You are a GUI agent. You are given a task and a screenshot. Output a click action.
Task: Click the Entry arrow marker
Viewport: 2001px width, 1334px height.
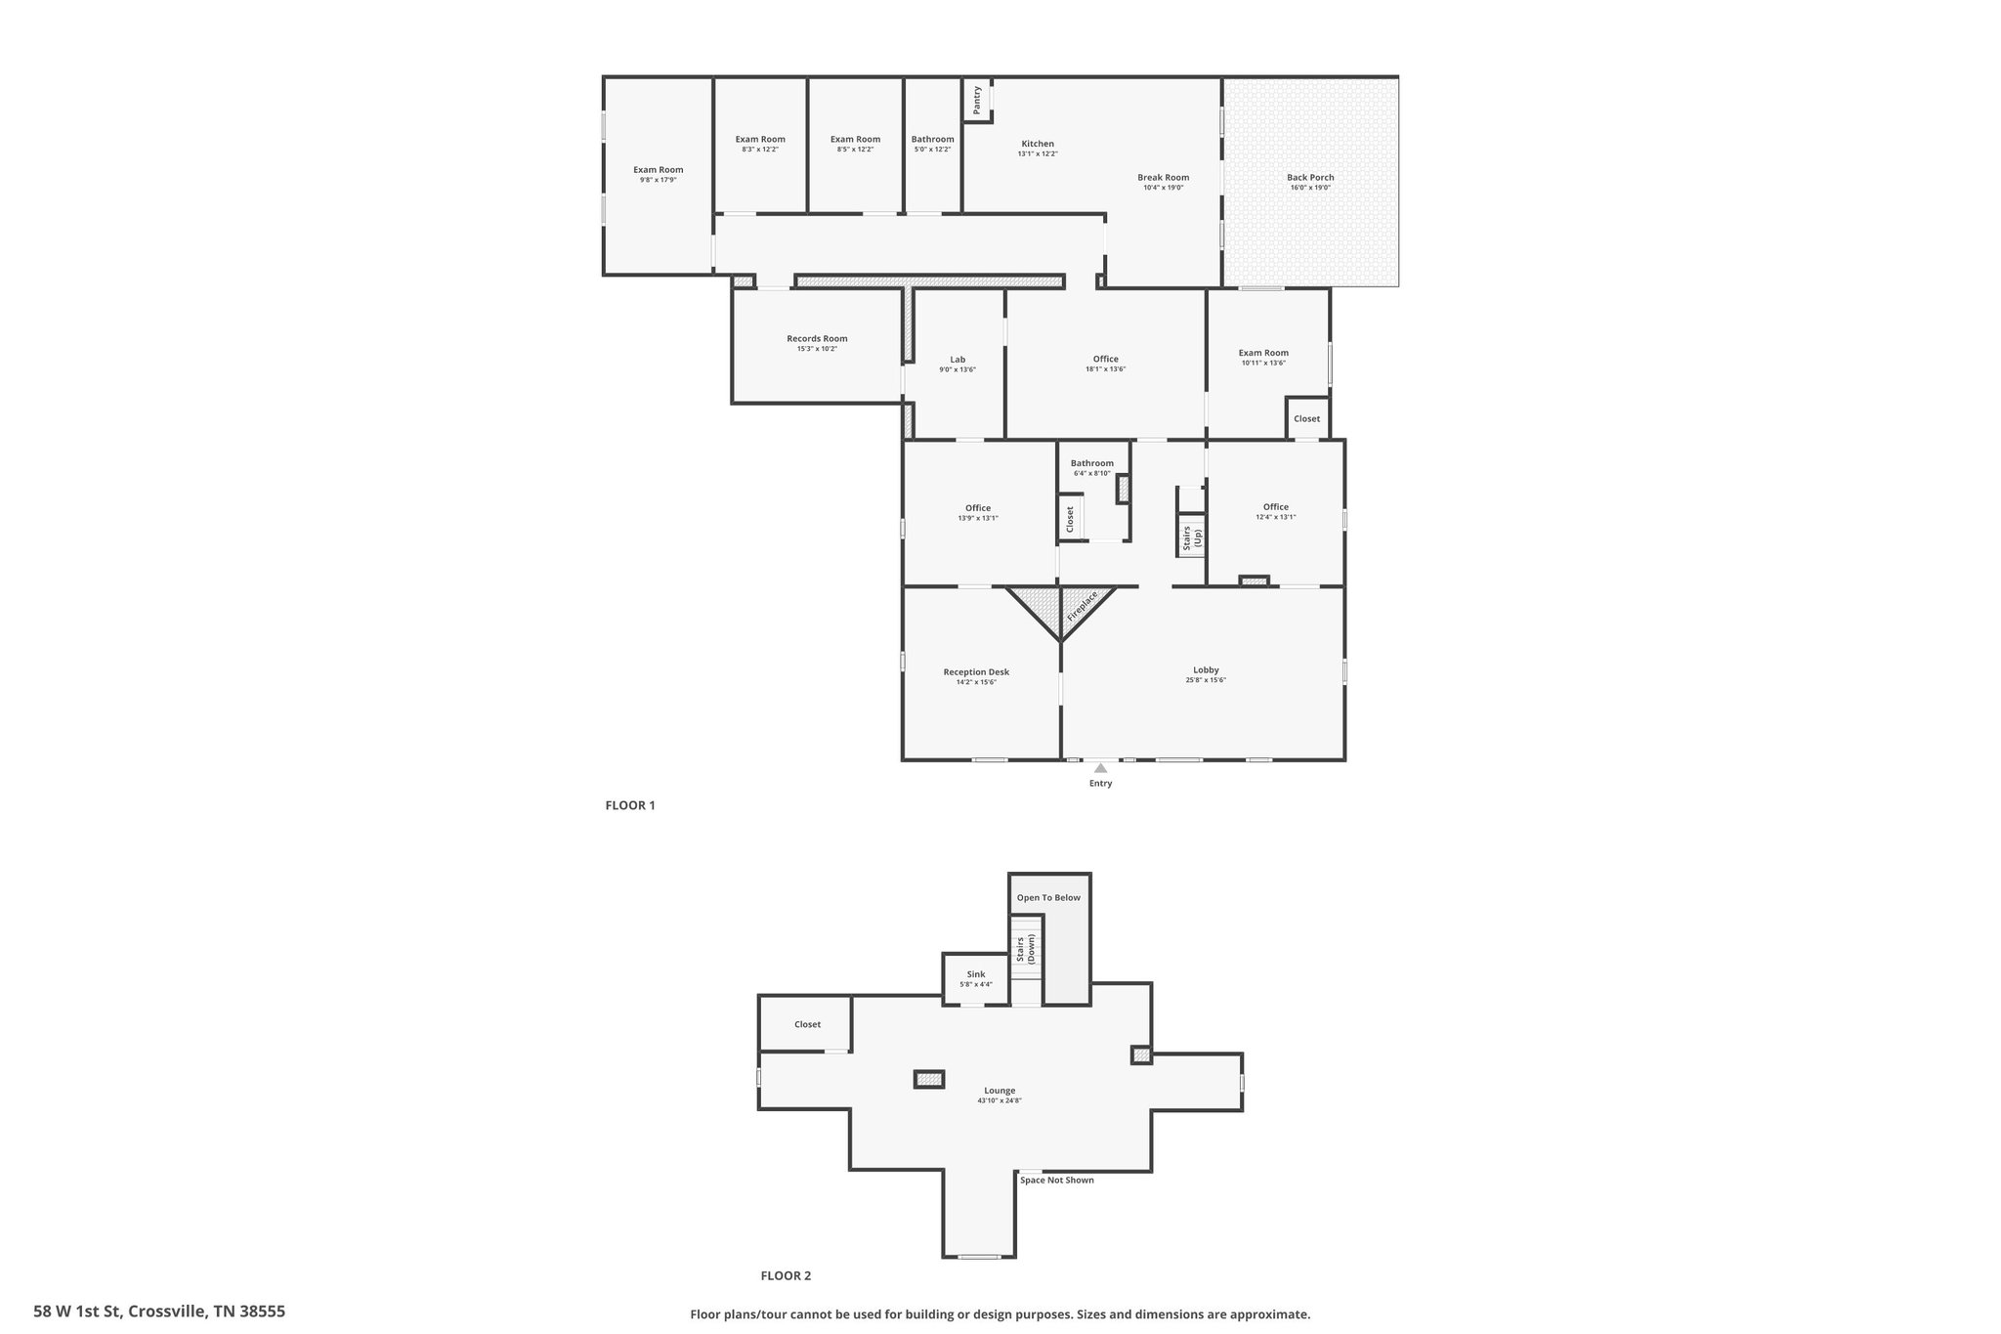click(1100, 768)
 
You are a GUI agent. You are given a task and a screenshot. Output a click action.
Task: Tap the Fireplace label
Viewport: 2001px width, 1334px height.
click(1083, 606)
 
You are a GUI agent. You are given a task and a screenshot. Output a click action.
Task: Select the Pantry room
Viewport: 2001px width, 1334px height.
click(977, 100)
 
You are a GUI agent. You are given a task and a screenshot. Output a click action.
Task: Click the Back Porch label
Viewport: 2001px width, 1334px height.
click(1310, 178)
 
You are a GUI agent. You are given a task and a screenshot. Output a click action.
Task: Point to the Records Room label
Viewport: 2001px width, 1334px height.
click(817, 339)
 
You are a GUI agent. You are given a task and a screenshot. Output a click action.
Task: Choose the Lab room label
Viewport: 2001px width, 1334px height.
click(958, 360)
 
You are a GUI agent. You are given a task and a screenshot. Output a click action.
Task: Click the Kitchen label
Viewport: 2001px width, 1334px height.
click(1038, 144)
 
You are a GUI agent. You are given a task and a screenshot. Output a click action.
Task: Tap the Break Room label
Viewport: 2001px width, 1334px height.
click(1163, 178)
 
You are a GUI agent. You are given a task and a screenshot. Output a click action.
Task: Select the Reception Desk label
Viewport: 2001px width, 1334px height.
click(976, 672)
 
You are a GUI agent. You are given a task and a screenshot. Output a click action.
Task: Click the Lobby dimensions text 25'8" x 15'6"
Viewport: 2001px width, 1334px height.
click(1206, 680)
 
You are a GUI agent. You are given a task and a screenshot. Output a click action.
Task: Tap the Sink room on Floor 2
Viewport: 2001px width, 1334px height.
click(976, 978)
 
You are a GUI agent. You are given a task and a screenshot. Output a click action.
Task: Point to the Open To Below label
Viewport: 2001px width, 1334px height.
click(1048, 897)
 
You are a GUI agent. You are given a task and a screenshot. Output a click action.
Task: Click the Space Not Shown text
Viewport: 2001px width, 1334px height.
click(1057, 1180)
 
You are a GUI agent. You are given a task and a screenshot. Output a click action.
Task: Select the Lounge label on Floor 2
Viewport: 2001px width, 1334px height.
click(1000, 1091)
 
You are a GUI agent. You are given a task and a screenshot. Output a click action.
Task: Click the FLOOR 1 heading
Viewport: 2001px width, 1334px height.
click(630, 805)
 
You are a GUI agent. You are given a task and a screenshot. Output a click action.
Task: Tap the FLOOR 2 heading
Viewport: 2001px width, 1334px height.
click(786, 1275)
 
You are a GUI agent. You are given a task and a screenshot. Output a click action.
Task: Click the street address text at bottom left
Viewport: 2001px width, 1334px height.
click(159, 1312)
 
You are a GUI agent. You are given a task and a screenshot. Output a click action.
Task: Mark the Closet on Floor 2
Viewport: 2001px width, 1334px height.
click(806, 1023)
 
